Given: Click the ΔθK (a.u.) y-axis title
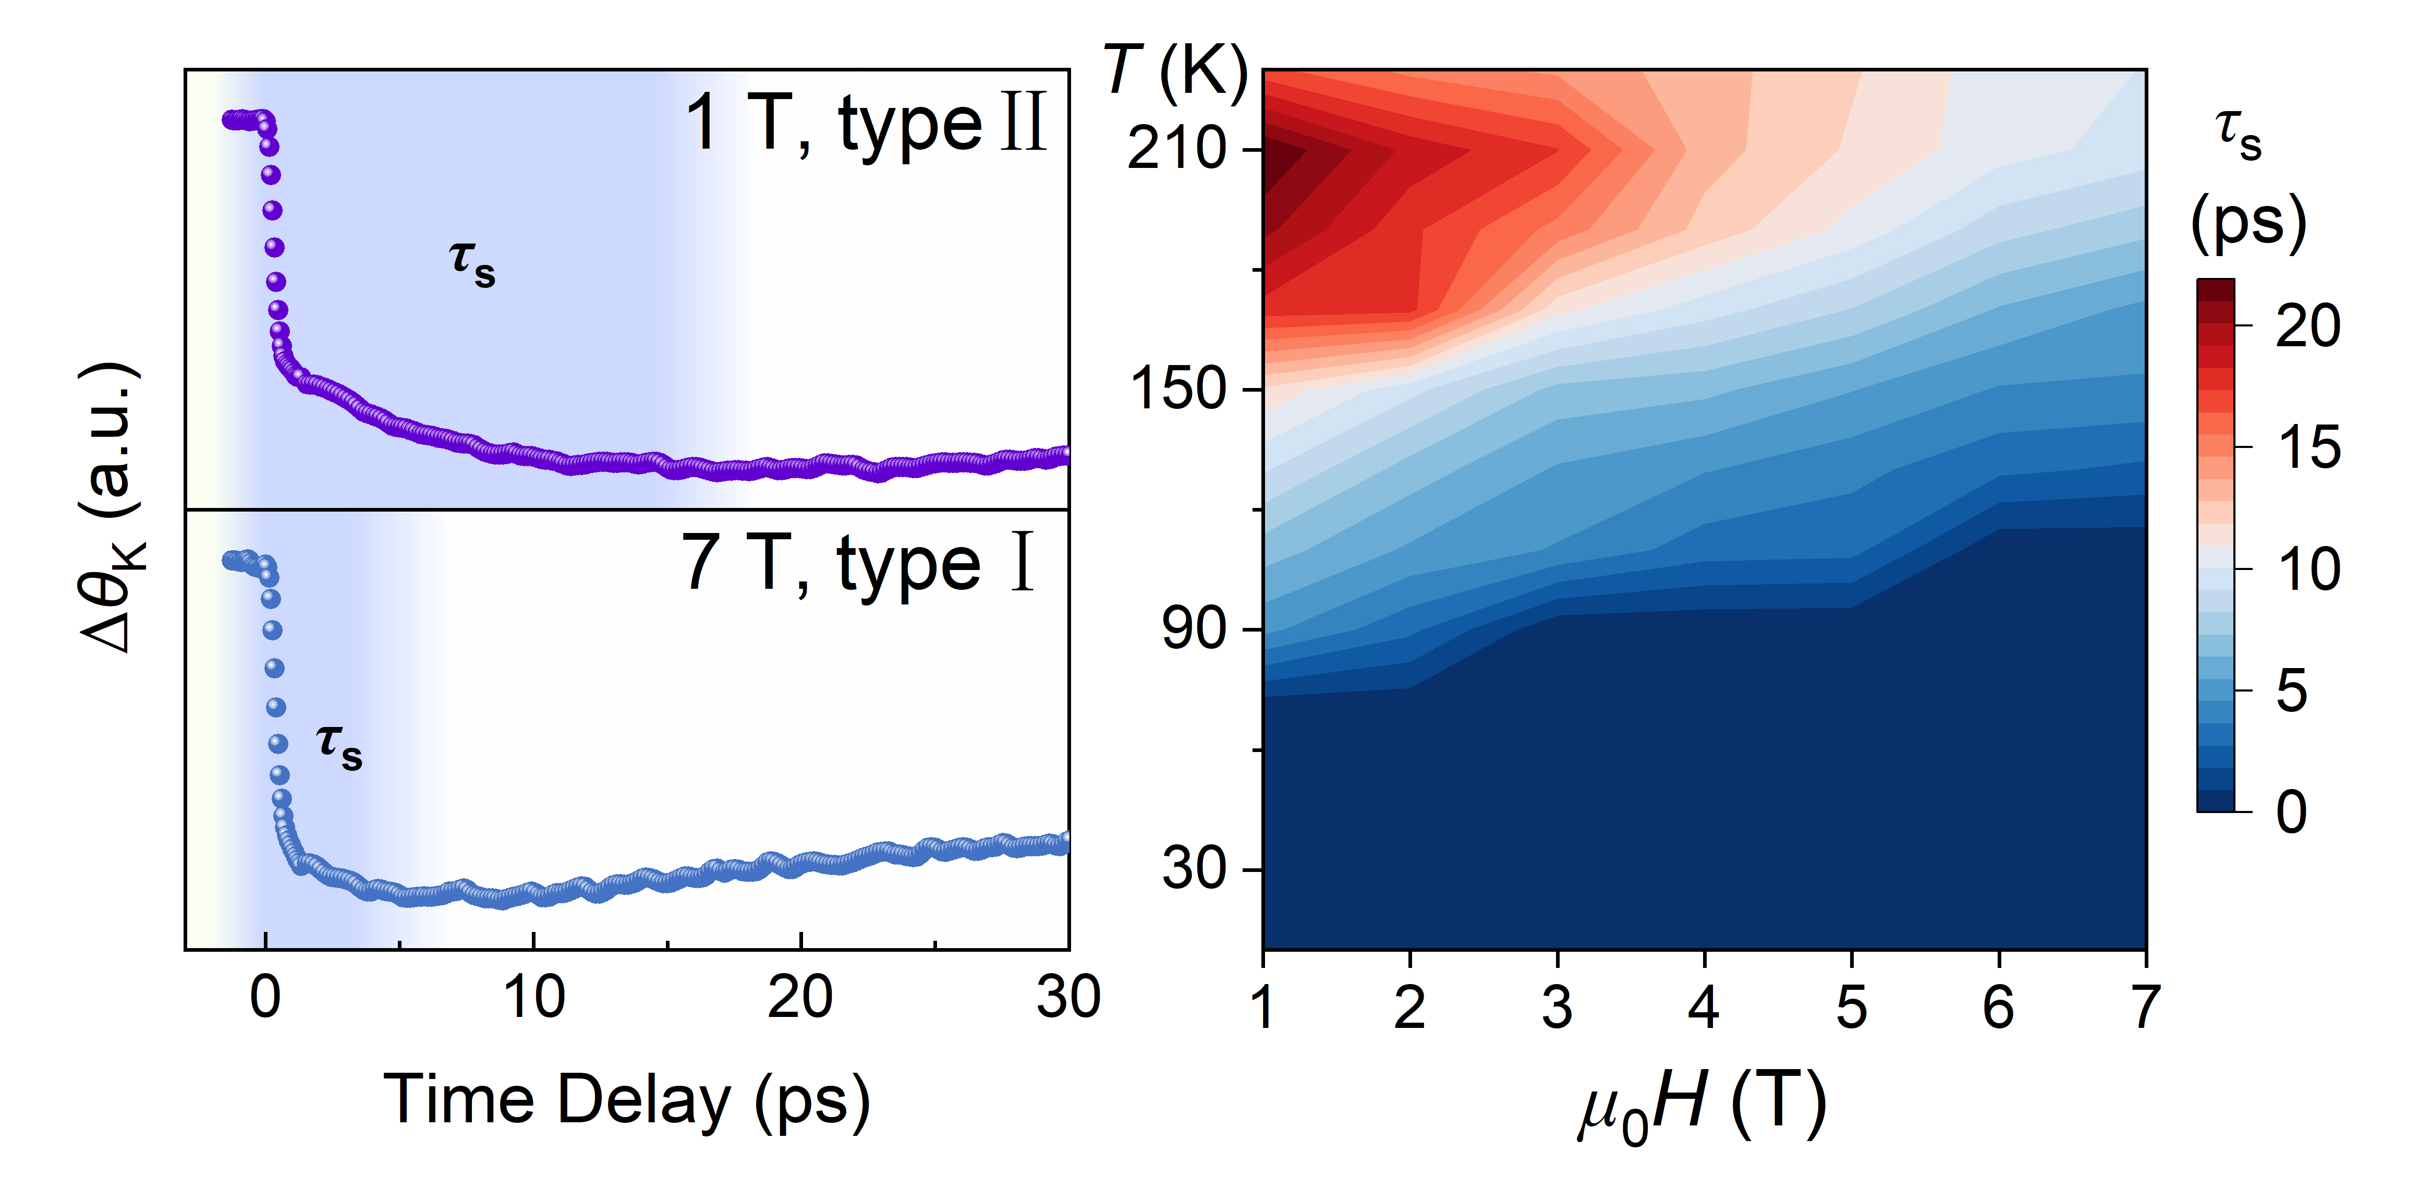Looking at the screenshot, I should pyautogui.click(x=112, y=507).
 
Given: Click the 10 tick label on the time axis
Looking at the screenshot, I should pyautogui.click(x=533, y=997).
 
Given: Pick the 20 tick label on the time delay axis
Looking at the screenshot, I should pyautogui.click(x=800, y=997).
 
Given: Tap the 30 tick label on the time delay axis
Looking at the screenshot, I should pyautogui.click(x=1068, y=997).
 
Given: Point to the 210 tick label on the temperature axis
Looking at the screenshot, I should pyautogui.click(x=1176, y=149).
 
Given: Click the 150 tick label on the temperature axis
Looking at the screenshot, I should pyautogui.click(x=1176, y=389).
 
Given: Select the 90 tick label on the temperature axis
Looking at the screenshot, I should pyautogui.click(x=1193, y=629).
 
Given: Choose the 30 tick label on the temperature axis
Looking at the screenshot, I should pyautogui.click(x=1193, y=869).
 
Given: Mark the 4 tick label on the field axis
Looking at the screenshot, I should pyautogui.click(x=1704, y=1008).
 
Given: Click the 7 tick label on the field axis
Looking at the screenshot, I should pyautogui.click(x=2145, y=1008).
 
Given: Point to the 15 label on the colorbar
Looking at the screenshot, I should pyautogui.click(x=2308, y=448).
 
